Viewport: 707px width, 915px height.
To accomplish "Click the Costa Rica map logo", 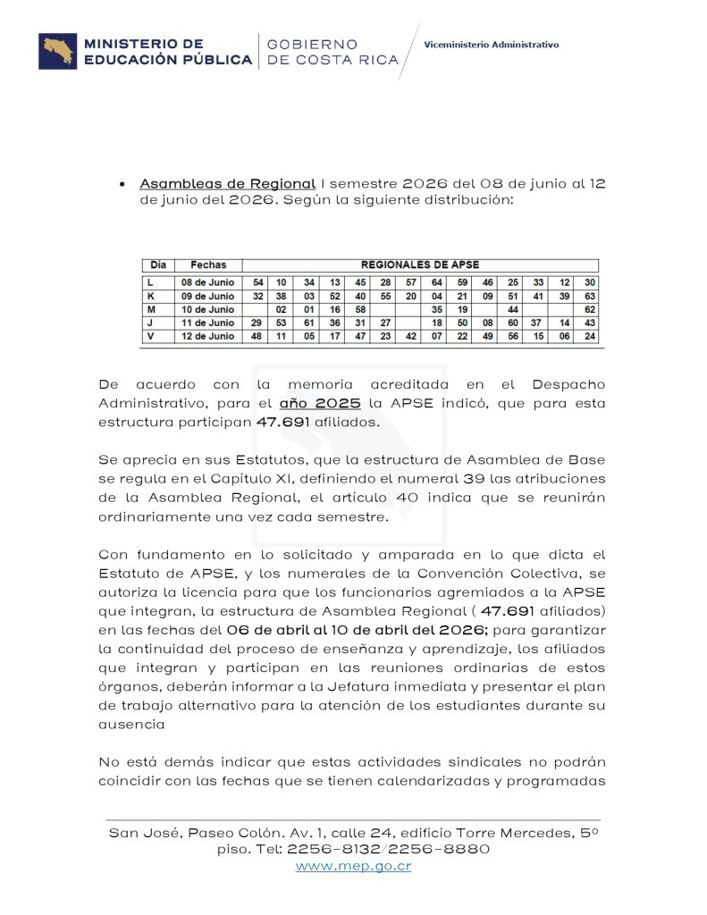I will coord(57,51).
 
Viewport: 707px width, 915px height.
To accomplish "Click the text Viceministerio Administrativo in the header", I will coord(491,44).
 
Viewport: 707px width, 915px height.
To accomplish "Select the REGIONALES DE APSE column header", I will coord(419,264).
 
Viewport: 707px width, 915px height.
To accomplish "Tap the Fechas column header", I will coord(208,264).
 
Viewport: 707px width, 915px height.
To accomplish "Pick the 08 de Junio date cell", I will coord(208,282).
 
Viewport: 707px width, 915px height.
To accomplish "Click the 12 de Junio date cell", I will coord(208,336).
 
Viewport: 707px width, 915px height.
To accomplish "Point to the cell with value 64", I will coord(436,282).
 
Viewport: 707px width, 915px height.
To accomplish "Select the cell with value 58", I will coord(361,309).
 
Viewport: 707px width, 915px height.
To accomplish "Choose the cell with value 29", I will coord(257,323).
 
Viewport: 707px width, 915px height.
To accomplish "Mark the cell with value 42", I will coord(411,336).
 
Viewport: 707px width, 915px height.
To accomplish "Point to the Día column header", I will coord(158,264).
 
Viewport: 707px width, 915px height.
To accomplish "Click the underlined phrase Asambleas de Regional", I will coord(227,183).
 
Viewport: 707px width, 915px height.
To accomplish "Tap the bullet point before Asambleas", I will coord(122,184).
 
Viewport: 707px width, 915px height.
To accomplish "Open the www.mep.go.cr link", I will coord(353,866).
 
